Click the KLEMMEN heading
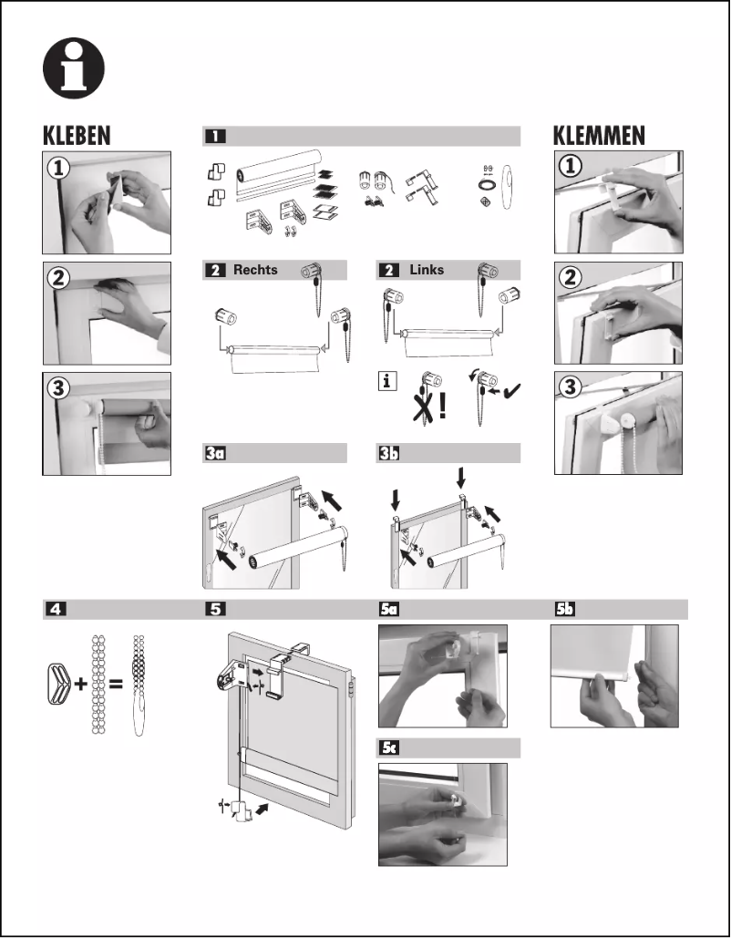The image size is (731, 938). point(599,136)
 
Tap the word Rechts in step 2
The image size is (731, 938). point(254,270)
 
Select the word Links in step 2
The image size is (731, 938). point(427,270)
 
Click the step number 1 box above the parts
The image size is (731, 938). point(214,137)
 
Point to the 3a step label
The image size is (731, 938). point(214,453)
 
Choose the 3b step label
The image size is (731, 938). point(388,453)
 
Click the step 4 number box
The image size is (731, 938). point(56,610)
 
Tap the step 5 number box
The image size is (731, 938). point(214,610)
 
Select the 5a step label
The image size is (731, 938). point(388,610)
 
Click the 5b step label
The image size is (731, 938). point(565,610)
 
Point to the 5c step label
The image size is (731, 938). point(389,747)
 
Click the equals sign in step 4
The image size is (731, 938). point(116,685)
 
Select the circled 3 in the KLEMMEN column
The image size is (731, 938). point(571,387)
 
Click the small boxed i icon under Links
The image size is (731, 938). point(387,383)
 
